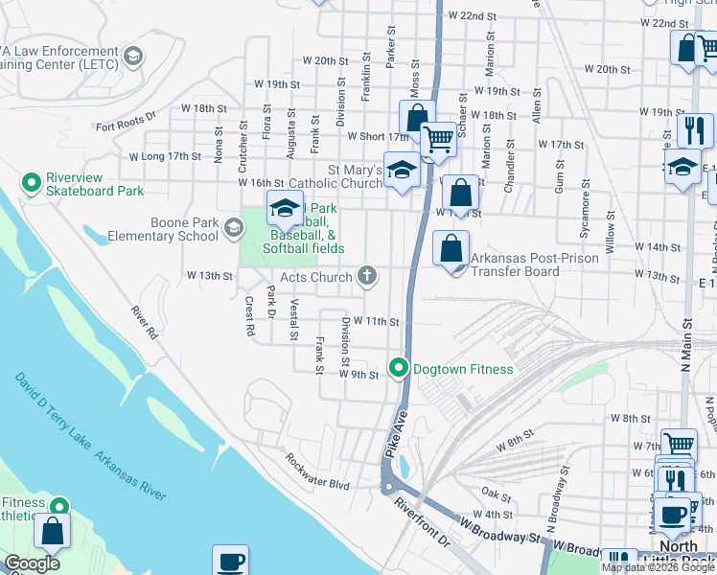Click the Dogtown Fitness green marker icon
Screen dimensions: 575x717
click(399, 368)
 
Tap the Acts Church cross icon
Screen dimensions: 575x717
click(365, 277)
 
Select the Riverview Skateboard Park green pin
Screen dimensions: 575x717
click(32, 181)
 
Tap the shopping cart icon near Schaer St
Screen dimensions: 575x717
click(438, 140)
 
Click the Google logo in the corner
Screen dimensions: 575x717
click(32, 563)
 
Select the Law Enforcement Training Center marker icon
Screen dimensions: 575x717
click(132, 57)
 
